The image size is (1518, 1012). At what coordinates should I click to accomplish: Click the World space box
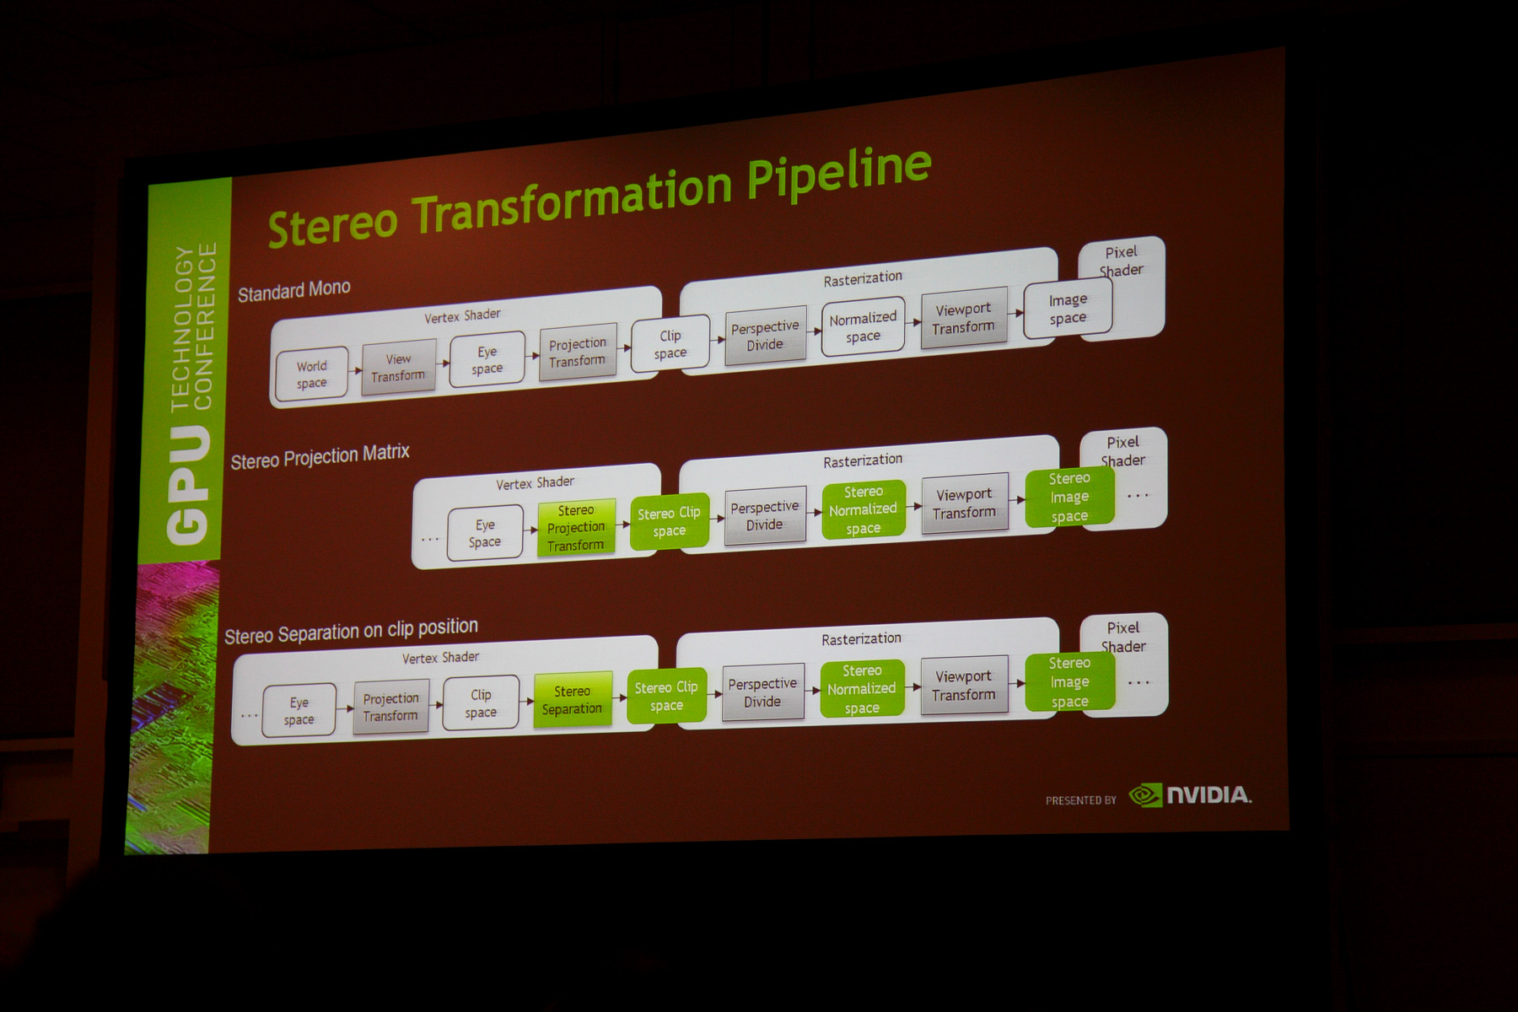pos(312,374)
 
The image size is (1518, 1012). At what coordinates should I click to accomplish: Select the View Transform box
pos(399,367)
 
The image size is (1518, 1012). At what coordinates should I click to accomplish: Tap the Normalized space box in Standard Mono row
pos(863,326)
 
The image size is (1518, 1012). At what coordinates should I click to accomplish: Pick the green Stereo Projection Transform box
pos(576,528)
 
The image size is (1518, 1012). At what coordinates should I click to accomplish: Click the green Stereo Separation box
pos(573,700)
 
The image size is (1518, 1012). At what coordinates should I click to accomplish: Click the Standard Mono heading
pos(293,290)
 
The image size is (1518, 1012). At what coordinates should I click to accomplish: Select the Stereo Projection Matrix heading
pos(320,456)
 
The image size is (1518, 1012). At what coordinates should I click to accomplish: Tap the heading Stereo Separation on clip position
pos(351,631)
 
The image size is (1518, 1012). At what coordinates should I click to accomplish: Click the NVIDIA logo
pos(1190,794)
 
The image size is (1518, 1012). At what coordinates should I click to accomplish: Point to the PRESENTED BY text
pos(1080,800)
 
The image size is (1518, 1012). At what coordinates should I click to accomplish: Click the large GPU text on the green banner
pos(187,484)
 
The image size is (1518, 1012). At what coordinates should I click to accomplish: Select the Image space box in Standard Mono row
pos(1068,309)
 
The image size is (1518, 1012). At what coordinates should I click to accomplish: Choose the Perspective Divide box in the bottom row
pos(762,692)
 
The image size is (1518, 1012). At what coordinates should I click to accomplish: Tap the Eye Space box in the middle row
pos(485,533)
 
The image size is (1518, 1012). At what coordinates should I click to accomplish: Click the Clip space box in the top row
pos(670,344)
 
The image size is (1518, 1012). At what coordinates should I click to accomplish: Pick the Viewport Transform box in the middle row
pos(965,503)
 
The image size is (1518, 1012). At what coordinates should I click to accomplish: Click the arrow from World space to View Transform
pos(355,371)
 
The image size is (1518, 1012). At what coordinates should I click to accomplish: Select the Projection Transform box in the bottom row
pos(390,707)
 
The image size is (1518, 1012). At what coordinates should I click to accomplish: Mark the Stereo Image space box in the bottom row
pos(1069,682)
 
